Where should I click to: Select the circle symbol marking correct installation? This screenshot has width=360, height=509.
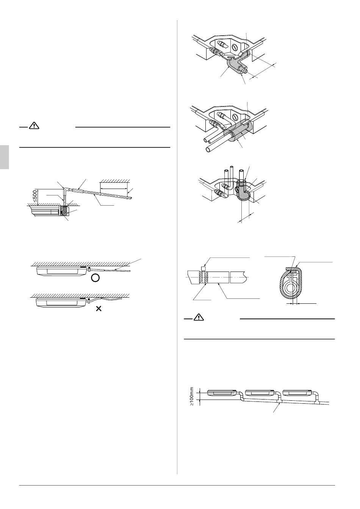click(x=96, y=278)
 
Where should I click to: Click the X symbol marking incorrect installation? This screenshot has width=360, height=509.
click(x=99, y=309)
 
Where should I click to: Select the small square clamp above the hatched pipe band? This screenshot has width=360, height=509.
click(x=204, y=268)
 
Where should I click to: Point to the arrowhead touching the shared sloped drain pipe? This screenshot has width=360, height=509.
click(x=280, y=404)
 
